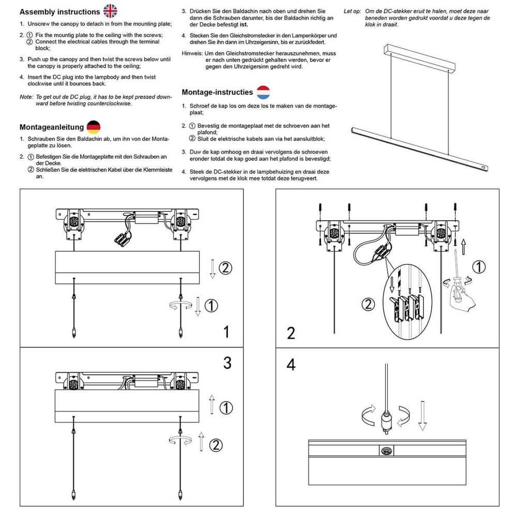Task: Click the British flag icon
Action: (110, 11)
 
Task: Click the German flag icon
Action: (94, 127)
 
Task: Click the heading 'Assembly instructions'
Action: (59, 11)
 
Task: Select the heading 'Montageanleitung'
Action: (52, 127)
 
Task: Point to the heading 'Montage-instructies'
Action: (217, 93)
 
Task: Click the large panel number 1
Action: (226, 331)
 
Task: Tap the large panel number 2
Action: (291, 333)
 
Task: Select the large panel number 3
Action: (227, 363)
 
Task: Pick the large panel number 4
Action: (291, 364)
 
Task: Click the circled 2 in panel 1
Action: (225, 268)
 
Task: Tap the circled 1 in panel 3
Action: (226, 408)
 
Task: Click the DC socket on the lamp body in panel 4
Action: (385, 450)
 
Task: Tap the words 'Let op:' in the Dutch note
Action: (353, 11)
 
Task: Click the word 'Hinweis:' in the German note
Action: (193, 54)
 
